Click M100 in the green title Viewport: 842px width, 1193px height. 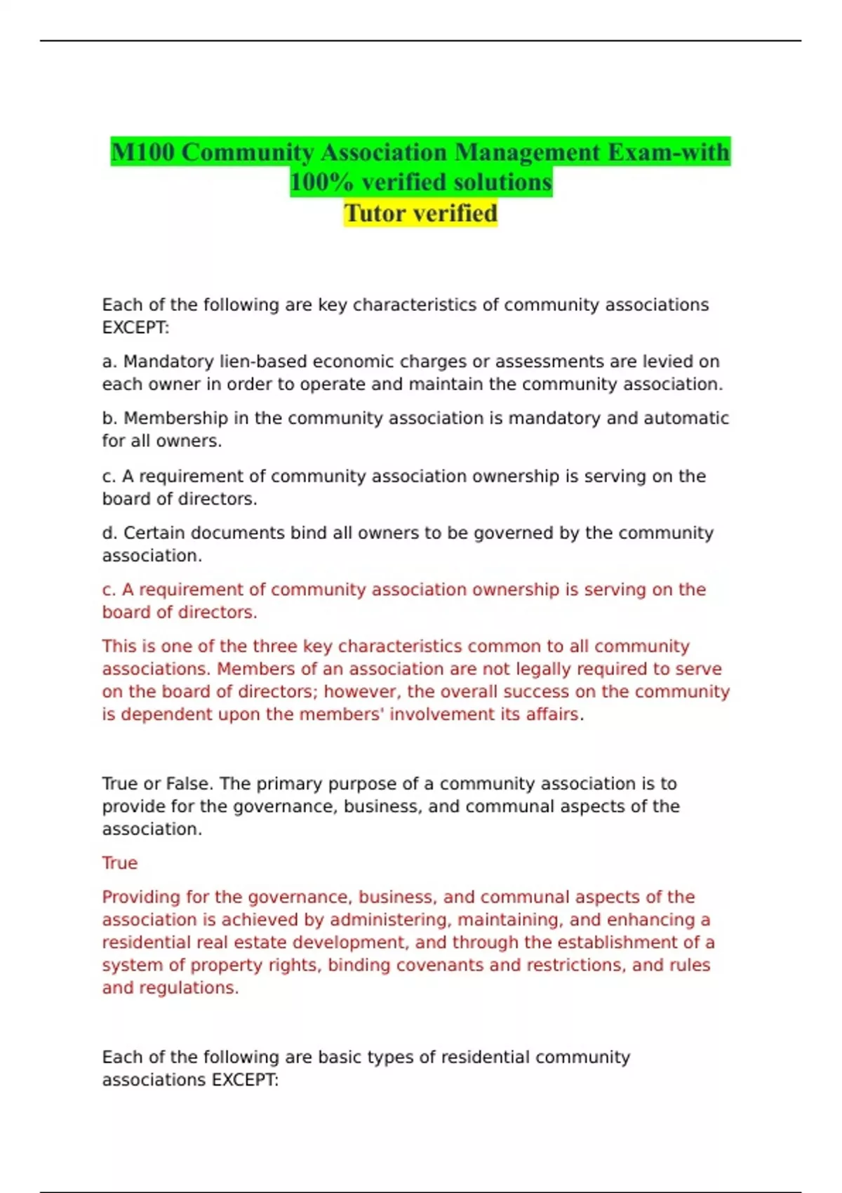[x=142, y=152]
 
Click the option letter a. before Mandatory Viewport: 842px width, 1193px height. [x=109, y=361]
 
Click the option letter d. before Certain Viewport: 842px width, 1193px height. [x=109, y=533]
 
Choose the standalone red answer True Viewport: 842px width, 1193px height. [x=119, y=862]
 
